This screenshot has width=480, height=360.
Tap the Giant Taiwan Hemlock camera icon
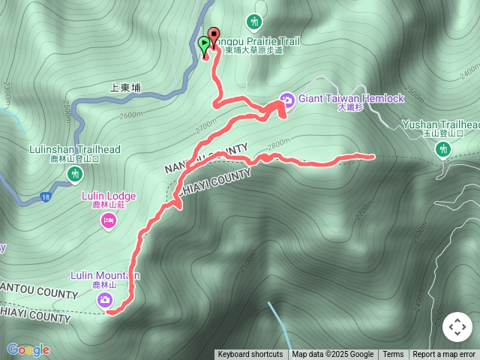[x=286, y=99]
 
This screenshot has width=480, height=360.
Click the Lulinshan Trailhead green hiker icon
[x=74, y=175]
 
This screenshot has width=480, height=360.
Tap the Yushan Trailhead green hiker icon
[x=443, y=149]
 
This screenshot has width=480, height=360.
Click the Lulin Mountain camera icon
[x=104, y=300]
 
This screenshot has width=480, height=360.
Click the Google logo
[x=28, y=349]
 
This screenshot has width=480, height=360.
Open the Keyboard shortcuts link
[x=250, y=355]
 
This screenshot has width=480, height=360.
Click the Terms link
[x=393, y=355]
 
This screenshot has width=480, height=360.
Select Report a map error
[x=444, y=355]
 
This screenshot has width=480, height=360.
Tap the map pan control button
[x=457, y=327]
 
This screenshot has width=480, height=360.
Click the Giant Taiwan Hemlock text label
[x=351, y=98]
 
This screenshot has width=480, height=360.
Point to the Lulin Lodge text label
[x=109, y=196]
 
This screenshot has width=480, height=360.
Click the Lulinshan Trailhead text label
[x=74, y=149]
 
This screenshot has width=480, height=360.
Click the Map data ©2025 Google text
[x=333, y=355]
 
